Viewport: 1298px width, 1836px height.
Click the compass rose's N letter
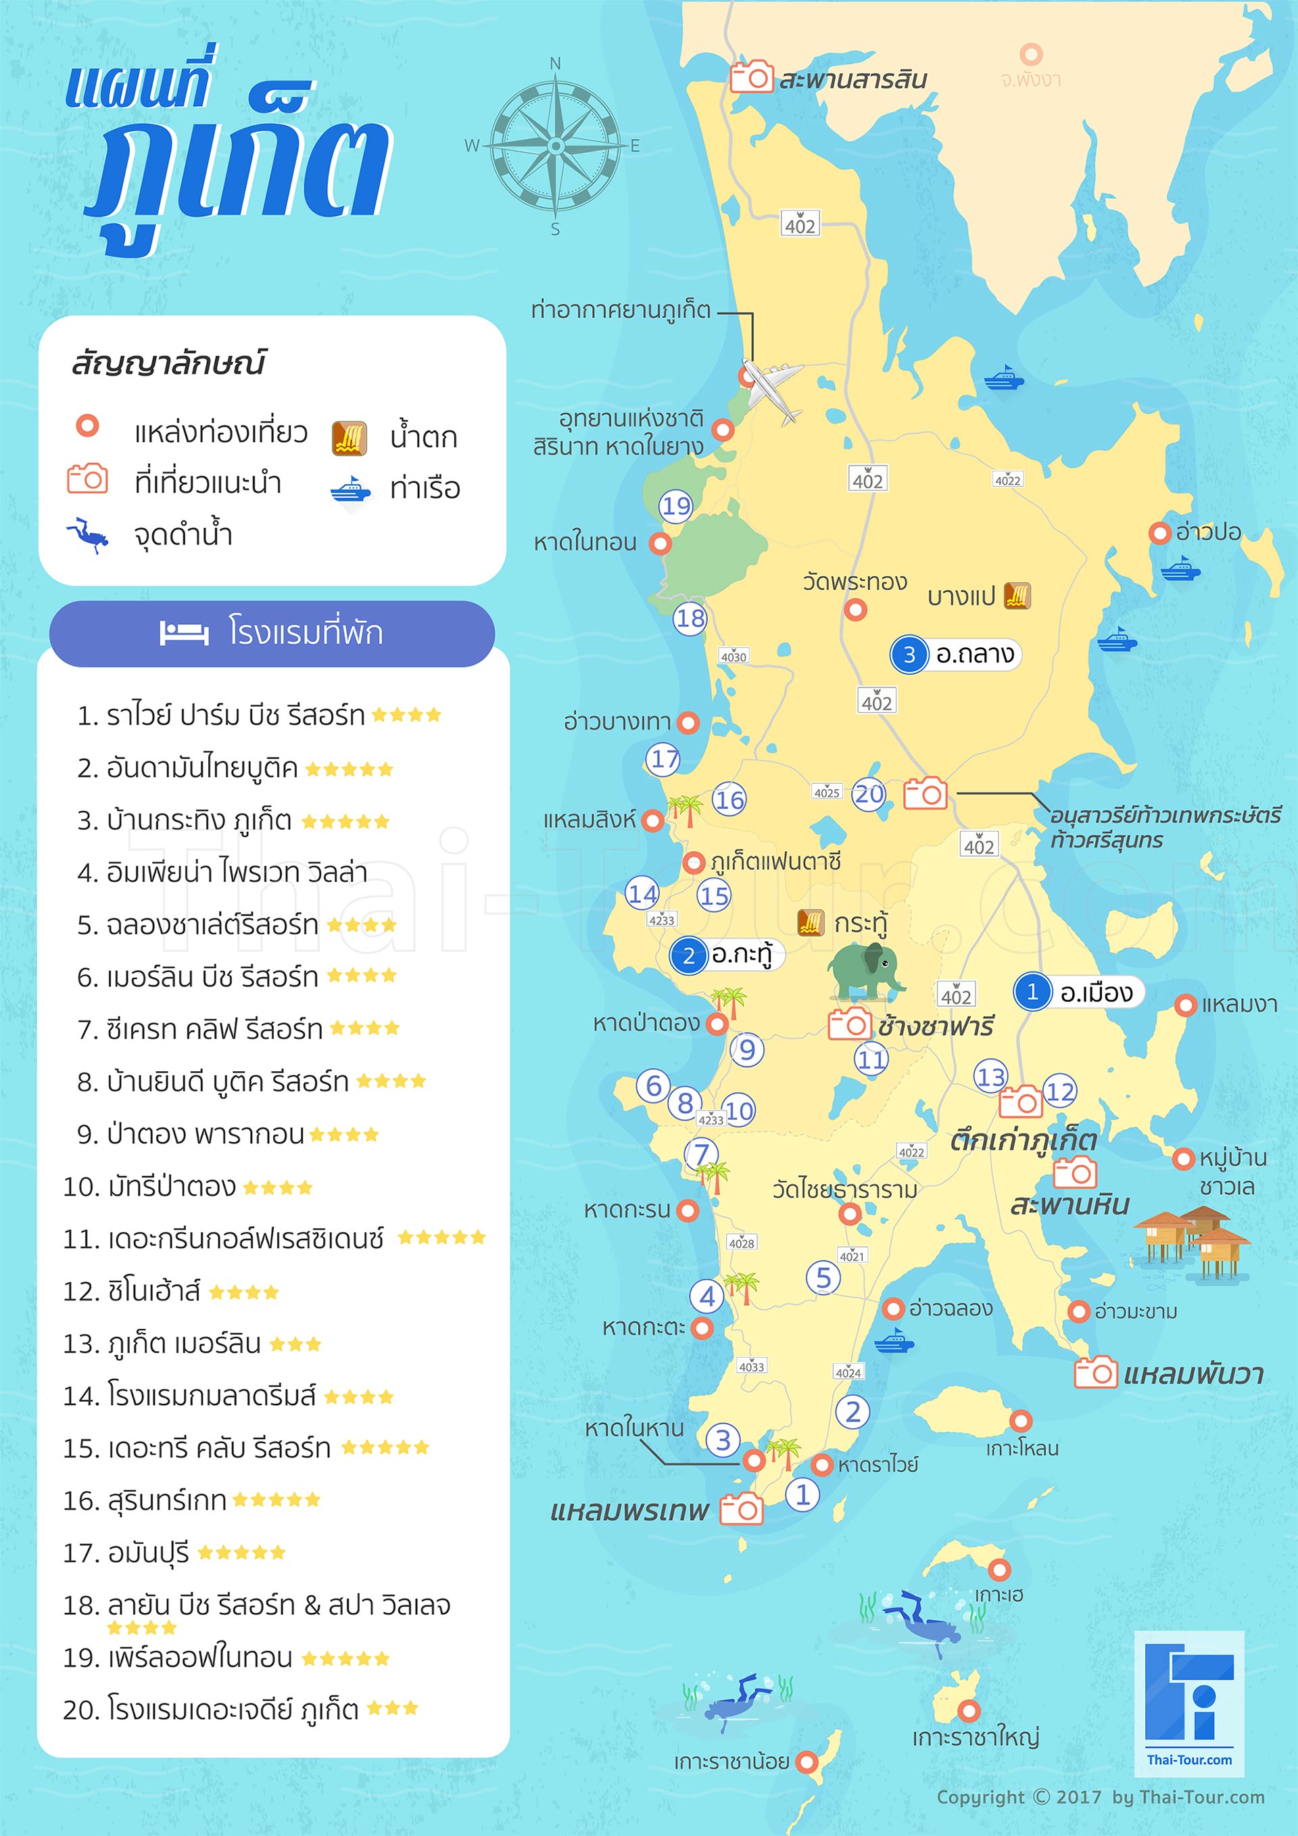(556, 63)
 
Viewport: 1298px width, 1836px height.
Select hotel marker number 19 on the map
(676, 507)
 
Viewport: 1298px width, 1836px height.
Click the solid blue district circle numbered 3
(909, 655)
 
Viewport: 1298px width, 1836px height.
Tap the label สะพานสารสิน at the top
(852, 79)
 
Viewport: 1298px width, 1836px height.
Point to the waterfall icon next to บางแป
(1017, 595)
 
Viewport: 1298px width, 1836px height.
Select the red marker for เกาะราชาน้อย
(808, 1762)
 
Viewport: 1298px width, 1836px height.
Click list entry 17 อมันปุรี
(174, 1553)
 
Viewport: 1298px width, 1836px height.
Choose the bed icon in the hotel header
(184, 634)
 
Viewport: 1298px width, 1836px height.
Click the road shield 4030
(734, 657)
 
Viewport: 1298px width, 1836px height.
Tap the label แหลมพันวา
(1193, 1375)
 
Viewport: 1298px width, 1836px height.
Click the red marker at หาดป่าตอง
(717, 1024)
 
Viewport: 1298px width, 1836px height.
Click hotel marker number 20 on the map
(869, 794)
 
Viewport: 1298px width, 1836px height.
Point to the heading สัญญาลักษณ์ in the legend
(168, 363)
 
